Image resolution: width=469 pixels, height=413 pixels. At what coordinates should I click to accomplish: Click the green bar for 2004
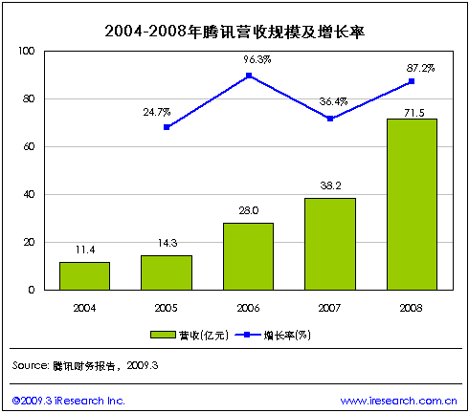(x=84, y=275)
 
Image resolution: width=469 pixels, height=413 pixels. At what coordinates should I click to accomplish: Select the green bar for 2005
(x=167, y=272)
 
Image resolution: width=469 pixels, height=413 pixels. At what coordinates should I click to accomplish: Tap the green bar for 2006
(x=248, y=256)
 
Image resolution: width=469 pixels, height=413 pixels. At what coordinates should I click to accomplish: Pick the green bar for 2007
(x=330, y=244)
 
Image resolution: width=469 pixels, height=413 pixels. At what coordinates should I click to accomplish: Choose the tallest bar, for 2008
(x=412, y=204)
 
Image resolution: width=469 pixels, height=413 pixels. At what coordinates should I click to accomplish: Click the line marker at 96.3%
(x=248, y=75)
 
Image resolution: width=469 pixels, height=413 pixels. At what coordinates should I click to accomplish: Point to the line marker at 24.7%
(x=167, y=127)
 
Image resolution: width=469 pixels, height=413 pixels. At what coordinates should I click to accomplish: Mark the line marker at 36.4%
(x=330, y=119)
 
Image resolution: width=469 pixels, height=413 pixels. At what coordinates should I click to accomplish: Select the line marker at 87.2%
(x=412, y=81)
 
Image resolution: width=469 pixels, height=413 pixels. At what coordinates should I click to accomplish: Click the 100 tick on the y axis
(x=26, y=51)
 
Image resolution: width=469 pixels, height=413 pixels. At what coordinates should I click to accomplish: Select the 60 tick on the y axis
(x=29, y=146)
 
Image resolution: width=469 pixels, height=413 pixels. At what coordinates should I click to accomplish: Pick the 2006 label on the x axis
(x=248, y=308)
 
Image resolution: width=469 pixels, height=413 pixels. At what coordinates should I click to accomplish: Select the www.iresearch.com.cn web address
(x=398, y=400)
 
